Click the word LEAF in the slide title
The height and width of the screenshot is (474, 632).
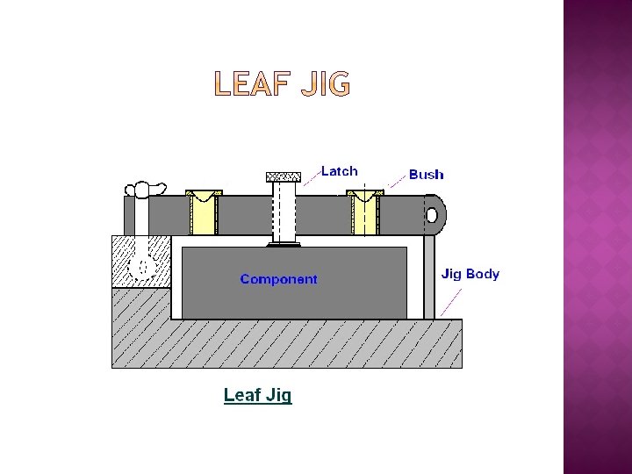point(249,85)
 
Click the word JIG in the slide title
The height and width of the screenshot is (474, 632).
point(325,85)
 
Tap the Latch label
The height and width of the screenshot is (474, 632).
point(339,171)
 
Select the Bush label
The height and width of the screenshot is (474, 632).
point(427,175)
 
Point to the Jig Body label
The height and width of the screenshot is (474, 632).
point(470,274)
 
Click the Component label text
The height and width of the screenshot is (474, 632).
point(278,279)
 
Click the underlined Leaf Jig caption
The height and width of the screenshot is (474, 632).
point(257,395)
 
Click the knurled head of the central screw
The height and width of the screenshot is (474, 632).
point(284,176)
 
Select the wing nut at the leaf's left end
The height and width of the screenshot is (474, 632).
point(146,190)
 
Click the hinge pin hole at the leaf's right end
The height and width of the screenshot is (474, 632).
point(433,215)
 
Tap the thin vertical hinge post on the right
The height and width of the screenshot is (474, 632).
point(429,276)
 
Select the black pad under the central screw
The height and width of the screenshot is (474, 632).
point(284,245)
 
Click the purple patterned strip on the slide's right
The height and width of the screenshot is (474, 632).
point(597,237)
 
